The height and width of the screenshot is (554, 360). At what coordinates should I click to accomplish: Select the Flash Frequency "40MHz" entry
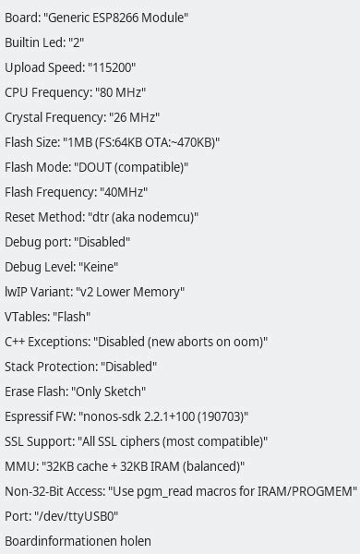[77, 192]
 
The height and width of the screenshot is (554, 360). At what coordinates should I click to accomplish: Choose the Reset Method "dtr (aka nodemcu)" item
[102, 217]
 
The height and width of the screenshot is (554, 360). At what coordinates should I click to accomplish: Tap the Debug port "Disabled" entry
[67, 242]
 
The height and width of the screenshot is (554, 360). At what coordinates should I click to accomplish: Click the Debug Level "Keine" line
[62, 267]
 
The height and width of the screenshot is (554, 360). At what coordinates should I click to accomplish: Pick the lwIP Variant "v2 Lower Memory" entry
[95, 292]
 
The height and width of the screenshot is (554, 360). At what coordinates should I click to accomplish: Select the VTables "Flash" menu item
[48, 317]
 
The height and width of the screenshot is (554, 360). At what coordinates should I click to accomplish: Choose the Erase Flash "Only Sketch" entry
[76, 391]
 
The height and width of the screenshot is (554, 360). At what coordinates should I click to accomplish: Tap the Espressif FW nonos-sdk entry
[126, 416]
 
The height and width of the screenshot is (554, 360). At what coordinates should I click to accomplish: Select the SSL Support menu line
[138, 441]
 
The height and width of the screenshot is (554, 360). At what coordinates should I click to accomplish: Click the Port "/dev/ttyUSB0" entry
[62, 516]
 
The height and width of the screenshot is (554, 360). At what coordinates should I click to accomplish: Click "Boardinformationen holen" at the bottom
[78, 541]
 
